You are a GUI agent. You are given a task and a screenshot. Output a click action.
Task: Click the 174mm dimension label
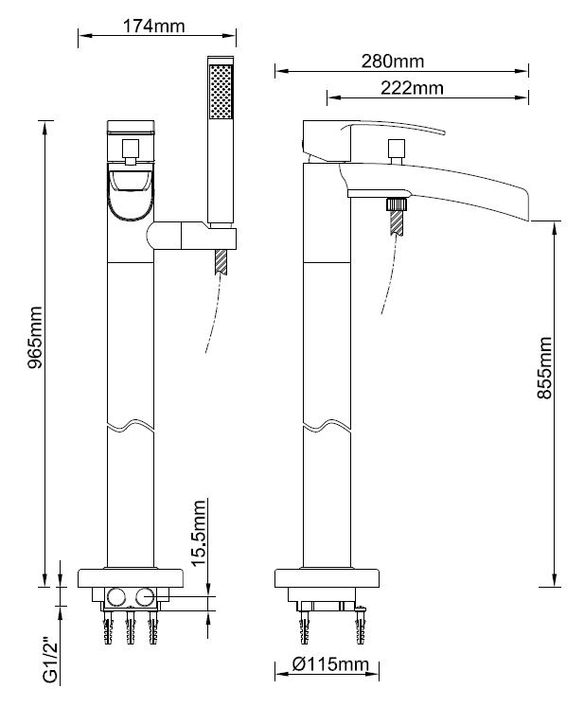click(153, 26)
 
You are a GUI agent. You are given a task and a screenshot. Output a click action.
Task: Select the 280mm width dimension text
click(392, 62)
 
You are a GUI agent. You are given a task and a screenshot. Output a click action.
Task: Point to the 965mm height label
click(35, 338)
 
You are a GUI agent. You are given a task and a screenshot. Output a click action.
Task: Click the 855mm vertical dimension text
click(544, 369)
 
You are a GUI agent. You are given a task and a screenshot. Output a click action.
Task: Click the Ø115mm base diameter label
click(328, 664)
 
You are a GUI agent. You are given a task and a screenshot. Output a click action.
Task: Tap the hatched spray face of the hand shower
click(221, 90)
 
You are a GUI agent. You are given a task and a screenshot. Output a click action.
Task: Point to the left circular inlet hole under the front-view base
click(117, 596)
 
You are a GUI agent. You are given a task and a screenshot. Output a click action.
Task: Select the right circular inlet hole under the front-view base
click(146, 596)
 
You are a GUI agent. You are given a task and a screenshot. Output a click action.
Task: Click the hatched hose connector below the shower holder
click(222, 260)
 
